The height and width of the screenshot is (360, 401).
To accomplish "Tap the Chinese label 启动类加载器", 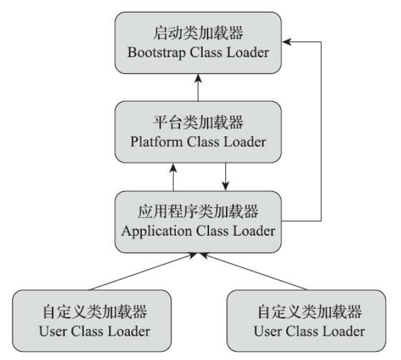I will click(x=198, y=32).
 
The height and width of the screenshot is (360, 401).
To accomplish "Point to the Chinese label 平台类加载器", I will click(x=198, y=122).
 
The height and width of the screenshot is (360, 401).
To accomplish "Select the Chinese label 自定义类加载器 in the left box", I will click(x=92, y=311).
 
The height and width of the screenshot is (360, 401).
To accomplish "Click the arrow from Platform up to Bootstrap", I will click(x=198, y=87).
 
